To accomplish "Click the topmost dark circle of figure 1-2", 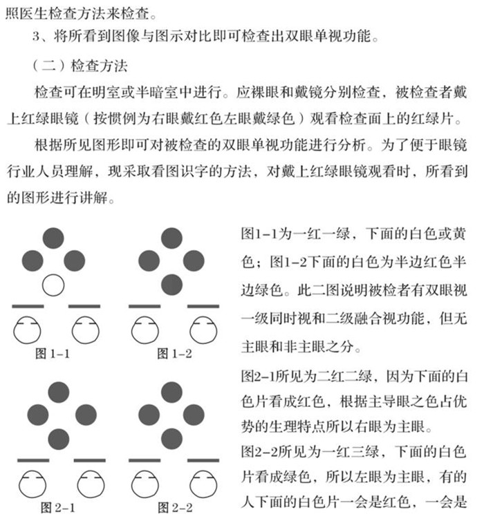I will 171,238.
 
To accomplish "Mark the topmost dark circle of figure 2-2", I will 171,392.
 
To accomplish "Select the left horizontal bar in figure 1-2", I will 145,305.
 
